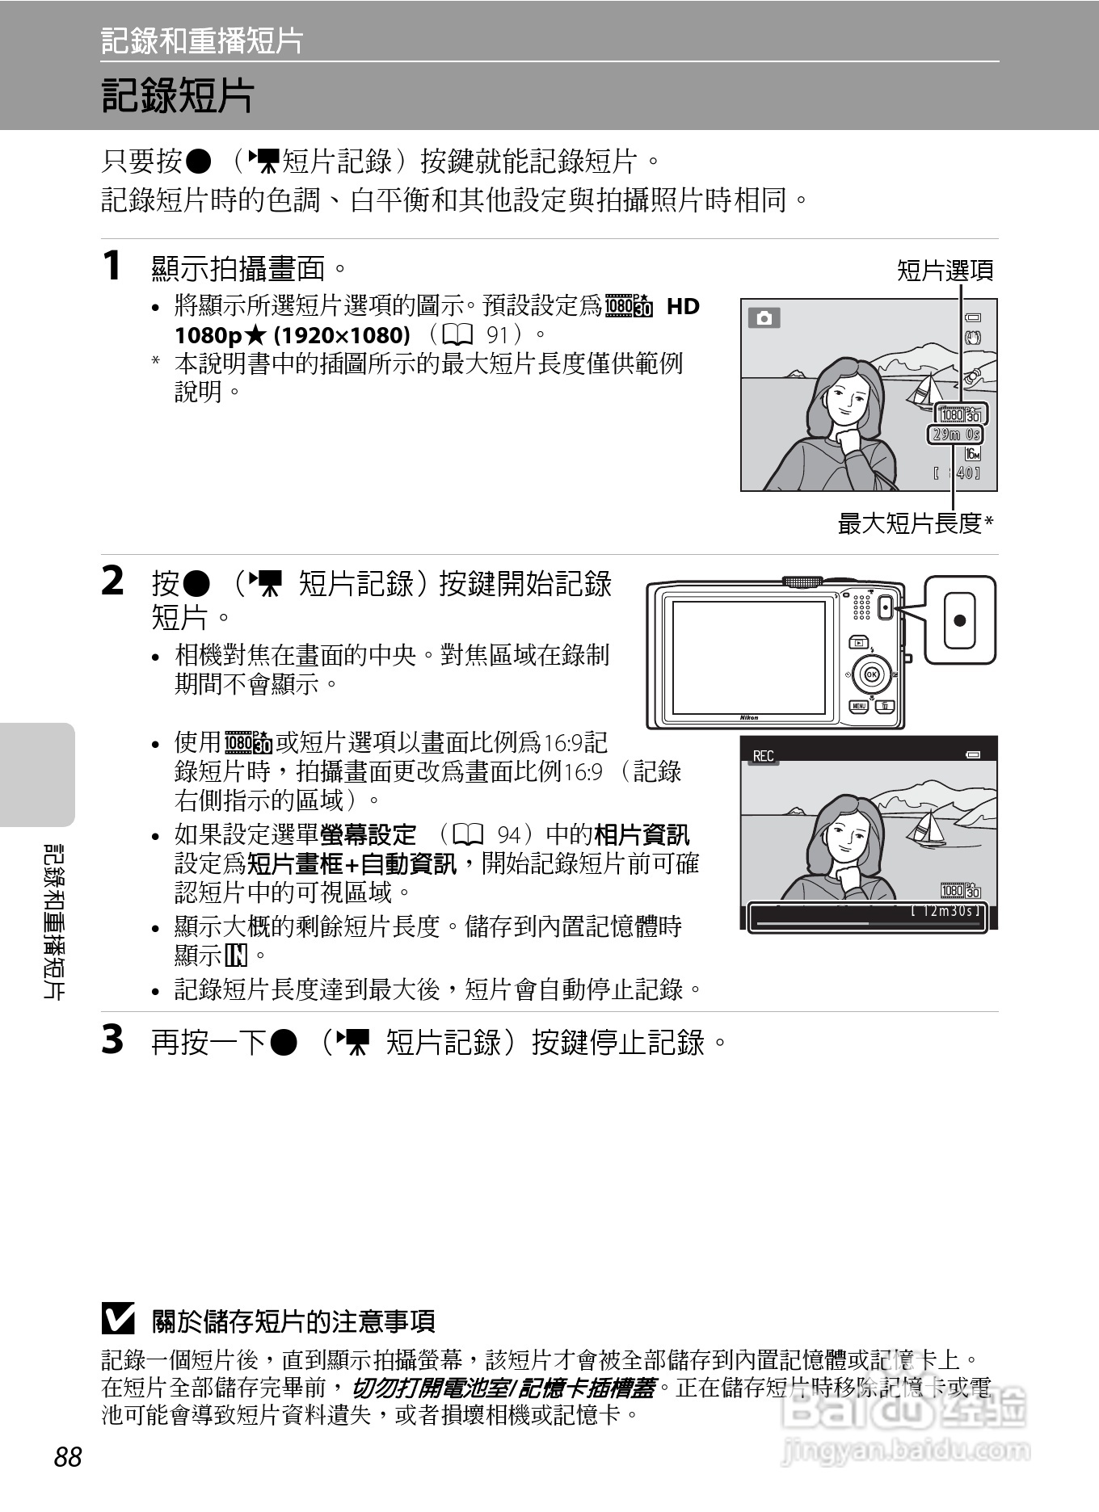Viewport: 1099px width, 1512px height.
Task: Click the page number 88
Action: pyautogui.click(x=68, y=1457)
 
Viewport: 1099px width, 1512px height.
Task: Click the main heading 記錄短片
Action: pyautogui.click(x=178, y=96)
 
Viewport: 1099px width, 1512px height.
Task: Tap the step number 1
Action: pyautogui.click(x=112, y=267)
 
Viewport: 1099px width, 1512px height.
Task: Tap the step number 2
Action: pyautogui.click(x=112, y=582)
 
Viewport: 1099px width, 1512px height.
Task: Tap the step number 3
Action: pyautogui.click(x=112, y=1039)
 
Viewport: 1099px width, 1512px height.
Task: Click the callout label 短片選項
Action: pyautogui.click(x=945, y=271)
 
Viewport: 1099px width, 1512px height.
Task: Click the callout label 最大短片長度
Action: pyautogui.click(x=911, y=523)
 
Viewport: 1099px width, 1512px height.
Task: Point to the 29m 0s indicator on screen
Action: pyautogui.click(x=955, y=435)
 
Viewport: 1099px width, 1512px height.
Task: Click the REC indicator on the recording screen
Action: pyautogui.click(x=763, y=756)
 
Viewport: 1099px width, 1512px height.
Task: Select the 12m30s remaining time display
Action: pyautogui.click(x=945, y=910)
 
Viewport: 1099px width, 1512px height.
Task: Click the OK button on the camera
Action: pyautogui.click(x=871, y=674)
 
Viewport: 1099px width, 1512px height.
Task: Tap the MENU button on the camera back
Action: pyautogui.click(x=858, y=706)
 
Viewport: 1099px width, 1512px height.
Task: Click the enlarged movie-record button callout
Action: pyautogui.click(x=959, y=620)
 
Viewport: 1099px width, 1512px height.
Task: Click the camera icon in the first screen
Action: pyautogui.click(x=764, y=318)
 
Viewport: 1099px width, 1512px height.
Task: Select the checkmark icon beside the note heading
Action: pyautogui.click(x=118, y=1320)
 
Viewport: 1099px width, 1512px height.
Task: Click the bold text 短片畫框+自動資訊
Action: pyautogui.click(x=352, y=864)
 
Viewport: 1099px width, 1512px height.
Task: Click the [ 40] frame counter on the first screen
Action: pyautogui.click(x=957, y=473)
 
